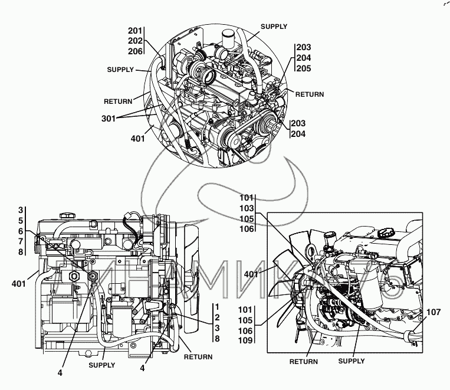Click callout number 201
pos(135,31)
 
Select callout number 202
pos(135,41)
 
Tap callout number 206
pos(135,51)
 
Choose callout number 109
pos(247,340)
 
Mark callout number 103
pos(247,208)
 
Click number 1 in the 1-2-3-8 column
pos(217,307)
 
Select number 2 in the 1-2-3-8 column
pos(217,317)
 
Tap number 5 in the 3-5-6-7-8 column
pos(20,221)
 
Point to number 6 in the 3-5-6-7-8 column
pos(20,231)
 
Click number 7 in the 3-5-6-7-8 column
pos(20,241)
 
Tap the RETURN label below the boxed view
pos(304,362)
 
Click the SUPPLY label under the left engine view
pos(101,365)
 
